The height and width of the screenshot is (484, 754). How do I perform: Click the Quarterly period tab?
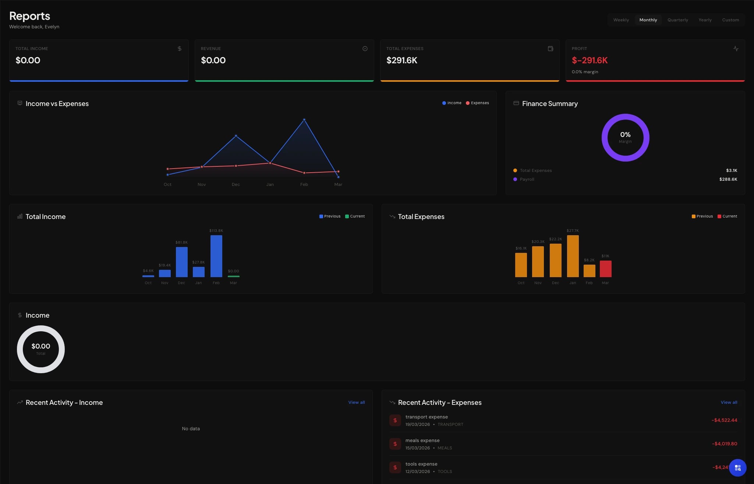[x=677, y=20]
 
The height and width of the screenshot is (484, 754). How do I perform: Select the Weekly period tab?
[x=621, y=20]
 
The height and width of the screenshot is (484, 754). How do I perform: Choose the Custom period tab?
[x=730, y=20]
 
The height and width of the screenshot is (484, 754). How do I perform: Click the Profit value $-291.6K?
[x=590, y=60]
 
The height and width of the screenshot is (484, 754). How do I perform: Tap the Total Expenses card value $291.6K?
[x=401, y=60]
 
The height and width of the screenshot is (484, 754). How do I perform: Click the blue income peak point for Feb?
[x=304, y=120]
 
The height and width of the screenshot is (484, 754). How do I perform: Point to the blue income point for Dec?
[x=236, y=136]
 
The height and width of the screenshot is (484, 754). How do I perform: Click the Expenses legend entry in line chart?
[x=477, y=103]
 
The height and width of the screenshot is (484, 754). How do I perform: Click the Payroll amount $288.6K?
[x=728, y=179]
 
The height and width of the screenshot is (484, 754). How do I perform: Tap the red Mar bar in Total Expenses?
[x=605, y=269]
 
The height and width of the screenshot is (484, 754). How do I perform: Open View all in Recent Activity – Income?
[x=356, y=402]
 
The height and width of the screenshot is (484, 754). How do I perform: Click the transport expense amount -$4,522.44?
[x=724, y=420]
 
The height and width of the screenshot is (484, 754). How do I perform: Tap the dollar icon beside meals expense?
[x=395, y=444]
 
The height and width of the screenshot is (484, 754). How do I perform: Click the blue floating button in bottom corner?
[x=737, y=468]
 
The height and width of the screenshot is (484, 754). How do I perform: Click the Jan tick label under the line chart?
[x=270, y=184]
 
